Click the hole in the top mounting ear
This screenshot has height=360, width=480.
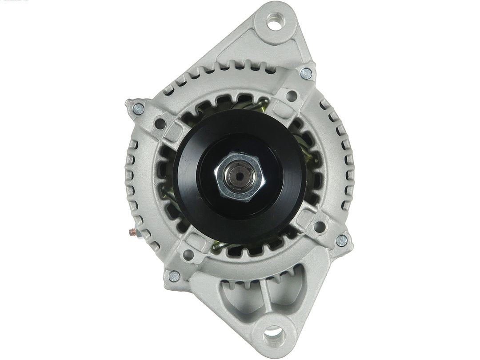[274, 21]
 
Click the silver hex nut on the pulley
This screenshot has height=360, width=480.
[240, 176]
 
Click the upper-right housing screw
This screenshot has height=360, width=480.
[306, 74]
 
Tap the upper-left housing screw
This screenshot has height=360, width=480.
[138, 108]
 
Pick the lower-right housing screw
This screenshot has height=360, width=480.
[342, 240]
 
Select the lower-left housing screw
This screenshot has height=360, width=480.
[174, 276]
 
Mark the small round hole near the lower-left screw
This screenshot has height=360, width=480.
[188, 255]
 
